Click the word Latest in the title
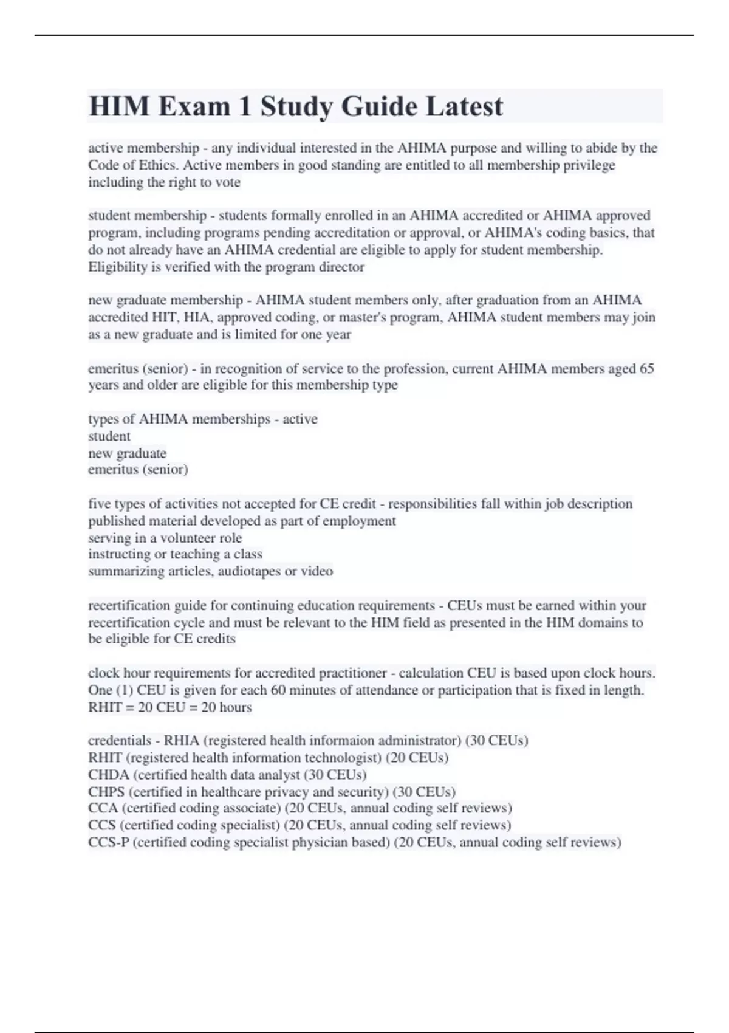tap(464, 106)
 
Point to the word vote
tap(228, 182)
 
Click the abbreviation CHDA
tap(109, 775)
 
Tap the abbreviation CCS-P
tap(109, 842)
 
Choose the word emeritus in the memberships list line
tap(112, 470)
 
